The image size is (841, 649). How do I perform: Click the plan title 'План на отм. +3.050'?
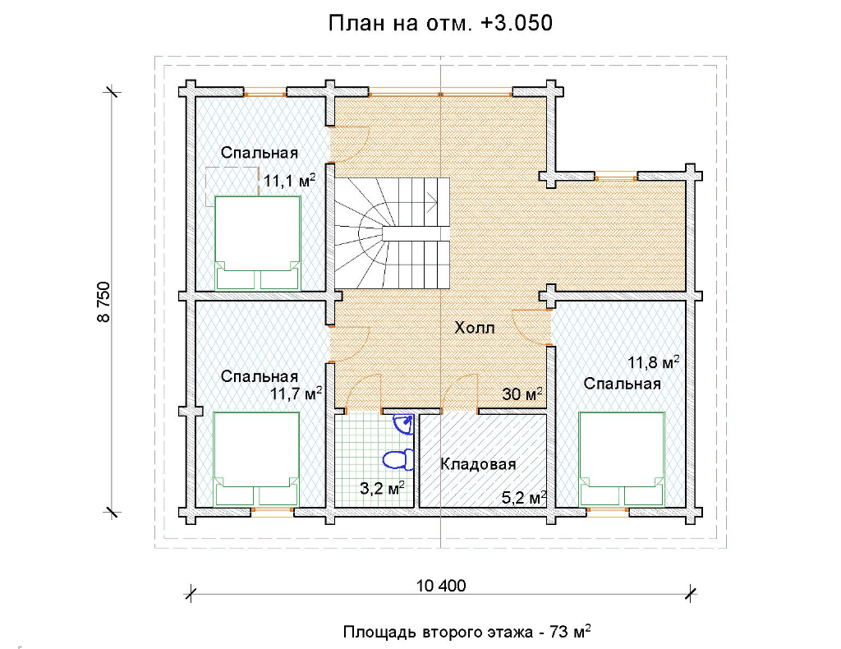coord(440,23)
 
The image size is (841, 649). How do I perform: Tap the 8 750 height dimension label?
coord(103,302)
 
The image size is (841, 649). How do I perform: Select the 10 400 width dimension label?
coord(441,585)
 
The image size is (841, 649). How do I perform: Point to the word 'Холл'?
coord(475,327)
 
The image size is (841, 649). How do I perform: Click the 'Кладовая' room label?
coord(478,464)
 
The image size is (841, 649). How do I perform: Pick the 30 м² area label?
coord(522,394)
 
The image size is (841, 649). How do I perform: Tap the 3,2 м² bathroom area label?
coord(381,487)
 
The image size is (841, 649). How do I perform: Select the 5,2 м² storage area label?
coord(524,497)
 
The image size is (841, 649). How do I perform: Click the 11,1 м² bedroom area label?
coord(289,181)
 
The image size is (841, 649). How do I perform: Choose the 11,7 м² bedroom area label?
coord(296,394)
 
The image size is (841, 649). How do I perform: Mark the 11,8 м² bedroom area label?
coord(654,362)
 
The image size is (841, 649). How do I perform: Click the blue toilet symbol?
coord(398,460)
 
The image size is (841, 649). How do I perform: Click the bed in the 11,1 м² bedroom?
coord(257,243)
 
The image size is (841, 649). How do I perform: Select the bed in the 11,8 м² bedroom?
coord(623,459)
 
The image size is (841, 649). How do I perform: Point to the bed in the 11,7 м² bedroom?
coord(256,459)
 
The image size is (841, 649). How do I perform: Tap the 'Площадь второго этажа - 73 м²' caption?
coord(467,631)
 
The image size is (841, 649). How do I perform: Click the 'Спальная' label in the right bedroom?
coord(623,384)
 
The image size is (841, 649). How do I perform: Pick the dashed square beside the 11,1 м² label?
coord(232,186)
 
